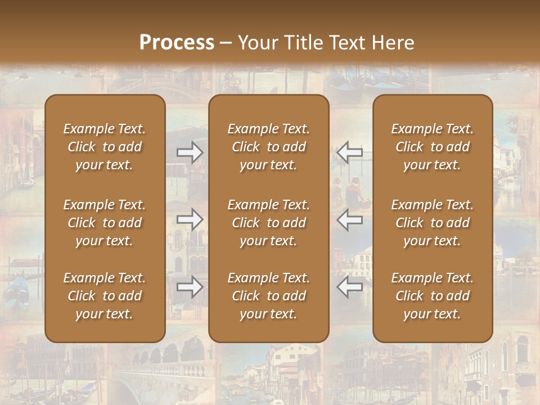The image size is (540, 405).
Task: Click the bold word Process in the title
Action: [x=177, y=43]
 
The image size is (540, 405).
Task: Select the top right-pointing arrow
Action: [x=190, y=152]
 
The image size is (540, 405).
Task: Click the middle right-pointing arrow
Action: [x=190, y=219]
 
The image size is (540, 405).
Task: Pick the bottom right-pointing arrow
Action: [x=190, y=287]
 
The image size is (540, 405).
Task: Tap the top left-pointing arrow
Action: [x=349, y=152]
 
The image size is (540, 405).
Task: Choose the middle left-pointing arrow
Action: [x=349, y=219]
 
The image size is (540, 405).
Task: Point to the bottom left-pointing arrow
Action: [x=349, y=287]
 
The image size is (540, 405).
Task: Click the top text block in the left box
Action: [x=105, y=147]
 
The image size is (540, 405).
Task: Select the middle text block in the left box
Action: [x=105, y=223]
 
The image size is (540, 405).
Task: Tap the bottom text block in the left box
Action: [x=105, y=296]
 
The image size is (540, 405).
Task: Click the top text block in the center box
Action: [x=268, y=147]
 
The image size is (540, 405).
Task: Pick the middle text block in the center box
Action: [x=268, y=223]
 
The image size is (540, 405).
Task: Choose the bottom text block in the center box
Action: [x=268, y=296]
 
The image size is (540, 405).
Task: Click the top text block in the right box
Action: [x=432, y=147]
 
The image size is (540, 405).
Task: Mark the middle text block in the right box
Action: [x=432, y=223]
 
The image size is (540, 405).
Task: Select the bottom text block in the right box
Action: [x=432, y=296]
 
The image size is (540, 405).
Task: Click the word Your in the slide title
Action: [x=258, y=43]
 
